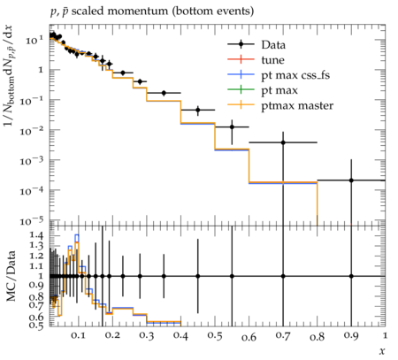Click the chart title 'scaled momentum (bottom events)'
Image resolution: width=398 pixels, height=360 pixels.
(x=163, y=11)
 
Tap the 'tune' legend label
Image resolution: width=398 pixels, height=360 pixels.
(x=272, y=60)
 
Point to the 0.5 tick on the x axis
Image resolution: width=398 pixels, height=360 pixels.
(x=215, y=335)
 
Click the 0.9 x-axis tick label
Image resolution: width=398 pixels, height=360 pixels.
(x=351, y=335)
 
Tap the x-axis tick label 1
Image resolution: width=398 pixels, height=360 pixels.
(x=385, y=335)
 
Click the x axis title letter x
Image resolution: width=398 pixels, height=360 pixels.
(x=382, y=351)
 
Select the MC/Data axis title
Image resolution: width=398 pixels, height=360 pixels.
(x=11, y=276)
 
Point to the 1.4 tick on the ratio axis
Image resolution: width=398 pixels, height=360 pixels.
(x=37, y=235)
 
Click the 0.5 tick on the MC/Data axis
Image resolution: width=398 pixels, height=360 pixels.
(x=37, y=325)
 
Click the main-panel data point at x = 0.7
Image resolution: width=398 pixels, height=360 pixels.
(x=283, y=142)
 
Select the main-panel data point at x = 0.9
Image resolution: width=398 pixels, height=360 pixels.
(x=351, y=180)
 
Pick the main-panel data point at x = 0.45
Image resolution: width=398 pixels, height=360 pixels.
(x=198, y=110)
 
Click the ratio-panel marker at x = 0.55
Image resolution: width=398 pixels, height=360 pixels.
(x=232, y=276)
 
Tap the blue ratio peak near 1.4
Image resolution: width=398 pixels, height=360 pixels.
(x=77, y=234)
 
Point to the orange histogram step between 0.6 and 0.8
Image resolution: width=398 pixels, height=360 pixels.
(x=283, y=182)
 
